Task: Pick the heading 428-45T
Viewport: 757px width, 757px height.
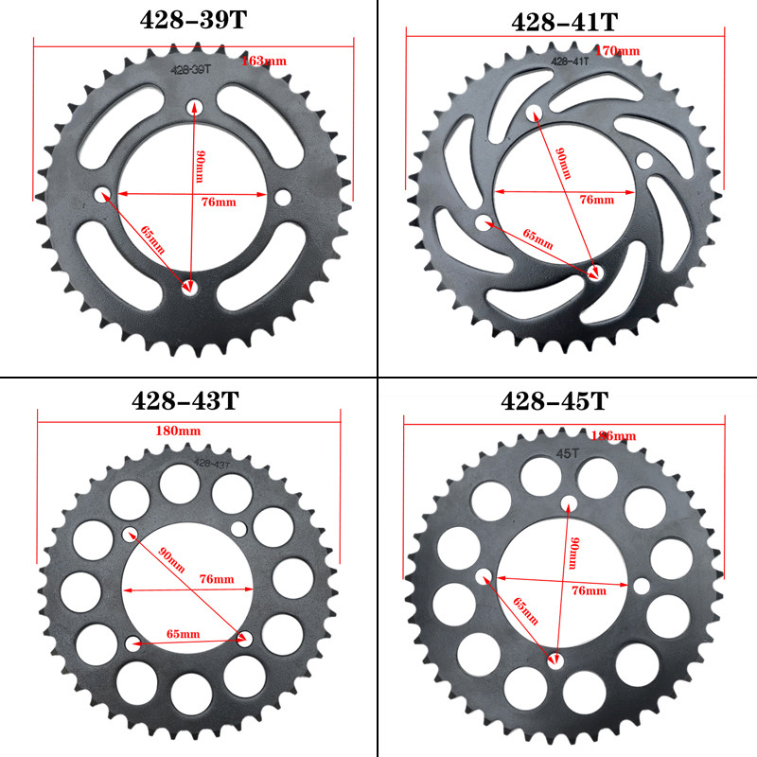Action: [x=555, y=401]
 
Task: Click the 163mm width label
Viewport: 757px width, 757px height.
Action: [x=264, y=61]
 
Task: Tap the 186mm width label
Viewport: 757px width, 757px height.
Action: [x=611, y=436]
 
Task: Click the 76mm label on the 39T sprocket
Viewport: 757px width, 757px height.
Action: [x=220, y=202]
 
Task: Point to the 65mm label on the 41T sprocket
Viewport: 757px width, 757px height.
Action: [x=537, y=238]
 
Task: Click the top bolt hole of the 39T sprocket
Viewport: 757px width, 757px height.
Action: [x=194, y=106]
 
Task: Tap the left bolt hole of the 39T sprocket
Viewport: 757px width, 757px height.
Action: [x=103, y=195]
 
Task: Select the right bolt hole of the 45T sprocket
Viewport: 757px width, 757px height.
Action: [x=642, y=586]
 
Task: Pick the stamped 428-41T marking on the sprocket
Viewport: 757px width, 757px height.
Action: [x=570, y=60]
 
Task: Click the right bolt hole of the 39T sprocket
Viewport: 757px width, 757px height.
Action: [x=282, y=196]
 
